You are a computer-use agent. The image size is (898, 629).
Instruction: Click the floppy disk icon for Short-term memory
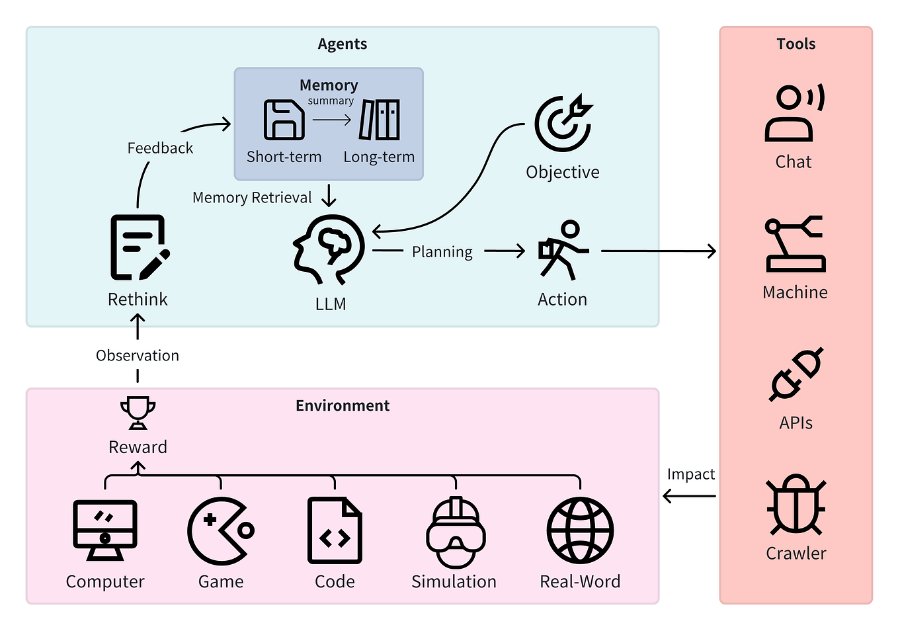[284, 120]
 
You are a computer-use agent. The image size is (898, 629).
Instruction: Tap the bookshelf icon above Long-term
[380, 120]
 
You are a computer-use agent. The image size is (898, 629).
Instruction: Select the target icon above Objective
[563, 124]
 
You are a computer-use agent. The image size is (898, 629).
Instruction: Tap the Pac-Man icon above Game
[220, 531]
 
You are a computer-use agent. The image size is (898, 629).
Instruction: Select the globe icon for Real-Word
[580, 531]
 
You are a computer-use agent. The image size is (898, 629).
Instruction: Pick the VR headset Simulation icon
[455, 532]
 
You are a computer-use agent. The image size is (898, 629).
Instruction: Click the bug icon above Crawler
[796, 506]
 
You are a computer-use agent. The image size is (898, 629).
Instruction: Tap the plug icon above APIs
[796, 374]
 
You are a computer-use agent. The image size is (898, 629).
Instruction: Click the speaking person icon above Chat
[794, 113]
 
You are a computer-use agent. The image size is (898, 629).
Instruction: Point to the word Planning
[442, 252]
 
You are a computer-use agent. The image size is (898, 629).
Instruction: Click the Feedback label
[160, 148]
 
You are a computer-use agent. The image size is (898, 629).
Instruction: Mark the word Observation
[138, 356]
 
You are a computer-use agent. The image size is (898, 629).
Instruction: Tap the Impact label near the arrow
[690, 474]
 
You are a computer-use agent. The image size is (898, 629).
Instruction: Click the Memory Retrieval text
[252, 198]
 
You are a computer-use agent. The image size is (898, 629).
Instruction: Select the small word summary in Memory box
[331, 101]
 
